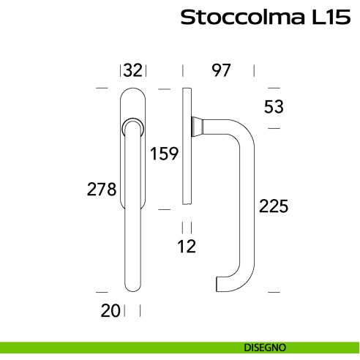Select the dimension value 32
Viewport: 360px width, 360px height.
point(132,70)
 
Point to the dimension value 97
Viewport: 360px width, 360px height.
point(221,70)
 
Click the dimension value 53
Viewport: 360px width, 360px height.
point(273,107)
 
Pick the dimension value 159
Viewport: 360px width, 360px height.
point(165,154)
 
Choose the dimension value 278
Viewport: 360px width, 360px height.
point(102,190)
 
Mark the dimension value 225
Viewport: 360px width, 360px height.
point(274,206)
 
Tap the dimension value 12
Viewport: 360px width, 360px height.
point(187,247)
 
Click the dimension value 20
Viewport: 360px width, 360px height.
point(111,310)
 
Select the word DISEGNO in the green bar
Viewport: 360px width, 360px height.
point(265,347)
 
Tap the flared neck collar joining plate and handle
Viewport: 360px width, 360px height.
point(198,126)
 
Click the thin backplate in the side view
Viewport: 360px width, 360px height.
point(187,146)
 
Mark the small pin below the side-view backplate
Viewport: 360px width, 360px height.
point(187,213)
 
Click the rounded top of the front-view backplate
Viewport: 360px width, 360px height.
point(132,92)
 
